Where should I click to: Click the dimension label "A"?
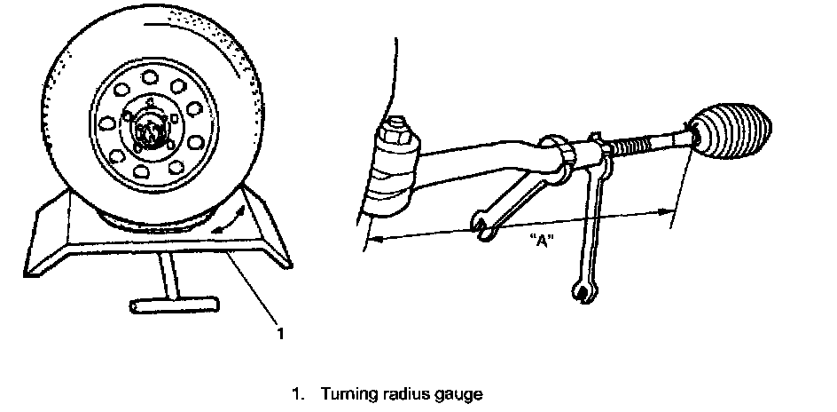(x=540, y=240)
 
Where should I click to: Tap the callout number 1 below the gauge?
(x=280, y=333)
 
